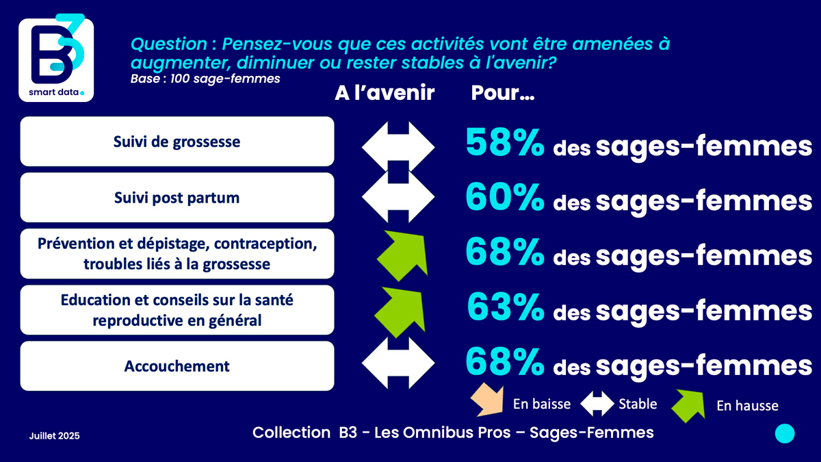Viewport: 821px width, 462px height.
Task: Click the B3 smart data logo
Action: click(55, 57)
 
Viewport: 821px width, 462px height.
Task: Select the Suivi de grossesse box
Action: click(177, 142)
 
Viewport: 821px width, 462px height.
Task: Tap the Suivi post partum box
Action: click(177, 198)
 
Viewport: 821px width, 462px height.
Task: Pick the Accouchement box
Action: click(177, 366)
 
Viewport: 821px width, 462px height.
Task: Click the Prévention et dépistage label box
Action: click(177, 254)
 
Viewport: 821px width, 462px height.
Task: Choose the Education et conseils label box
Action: click(177, 310)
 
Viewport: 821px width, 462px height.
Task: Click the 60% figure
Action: click(505, 198)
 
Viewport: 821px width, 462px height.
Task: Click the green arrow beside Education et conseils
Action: click(400, 307)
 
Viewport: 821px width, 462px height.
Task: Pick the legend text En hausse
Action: click(747, 406)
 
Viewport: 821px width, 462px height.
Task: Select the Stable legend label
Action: click(638, 404)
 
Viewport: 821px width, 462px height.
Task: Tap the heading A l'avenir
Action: click(385, 93)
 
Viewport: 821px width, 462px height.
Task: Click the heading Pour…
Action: click(503, 94)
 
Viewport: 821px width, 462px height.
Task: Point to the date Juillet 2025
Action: click(55, 435)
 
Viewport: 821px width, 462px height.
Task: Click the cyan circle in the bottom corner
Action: click(785, 433)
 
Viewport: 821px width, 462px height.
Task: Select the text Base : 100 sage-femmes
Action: click(205, 79)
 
